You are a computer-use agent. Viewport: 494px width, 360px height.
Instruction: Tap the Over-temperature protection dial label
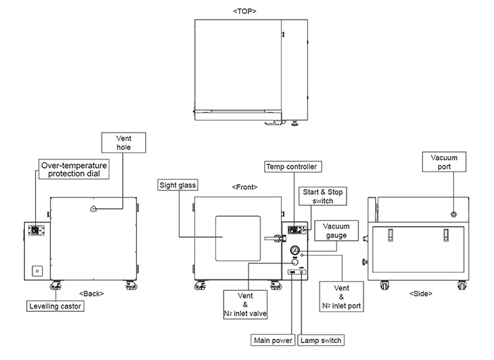click(74, 169)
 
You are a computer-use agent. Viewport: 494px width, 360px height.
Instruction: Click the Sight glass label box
click(178, 185)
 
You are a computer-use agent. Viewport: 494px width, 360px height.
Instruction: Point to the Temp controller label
click(291, 167)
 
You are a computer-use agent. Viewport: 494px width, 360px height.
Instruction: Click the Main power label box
click(273, 341)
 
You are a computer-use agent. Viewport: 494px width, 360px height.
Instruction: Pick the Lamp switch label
click(321, 341)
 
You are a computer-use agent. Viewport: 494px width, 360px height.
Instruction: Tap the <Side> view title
click(421, 292)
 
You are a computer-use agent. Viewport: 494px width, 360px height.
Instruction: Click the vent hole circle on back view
click(94, 208)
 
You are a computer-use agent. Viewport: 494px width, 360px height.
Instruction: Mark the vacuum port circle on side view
click(453, 214)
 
